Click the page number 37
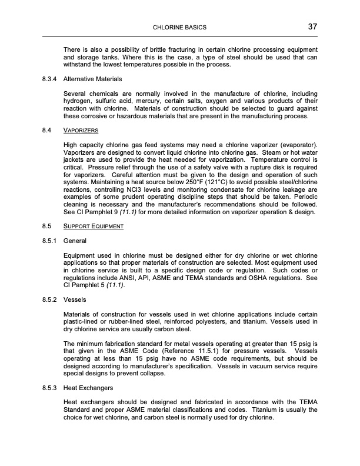tap(312, 26)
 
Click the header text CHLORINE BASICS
tap(179, 28)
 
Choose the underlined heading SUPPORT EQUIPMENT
tap(97, 226)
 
